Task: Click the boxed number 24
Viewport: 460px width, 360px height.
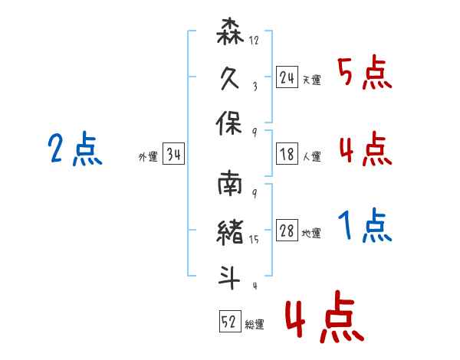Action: [x=287, y=77]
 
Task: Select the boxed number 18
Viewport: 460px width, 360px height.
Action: [x=287, y=154]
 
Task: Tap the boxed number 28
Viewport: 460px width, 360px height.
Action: [x=287, y=231]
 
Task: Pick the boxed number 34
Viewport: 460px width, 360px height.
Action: [x=173, y=155]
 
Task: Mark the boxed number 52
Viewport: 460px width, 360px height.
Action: [x=229, y=322]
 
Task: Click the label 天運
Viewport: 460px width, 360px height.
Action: [x=311, y=80]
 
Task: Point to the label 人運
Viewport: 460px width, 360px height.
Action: [x=311, y=157]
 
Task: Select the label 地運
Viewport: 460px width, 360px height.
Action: [x=311, y=234]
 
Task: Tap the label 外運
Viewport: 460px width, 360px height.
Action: [x=148, y=157]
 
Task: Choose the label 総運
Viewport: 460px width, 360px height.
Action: [x=255, y=325]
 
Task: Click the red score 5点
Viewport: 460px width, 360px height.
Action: [x=364, y=74]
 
